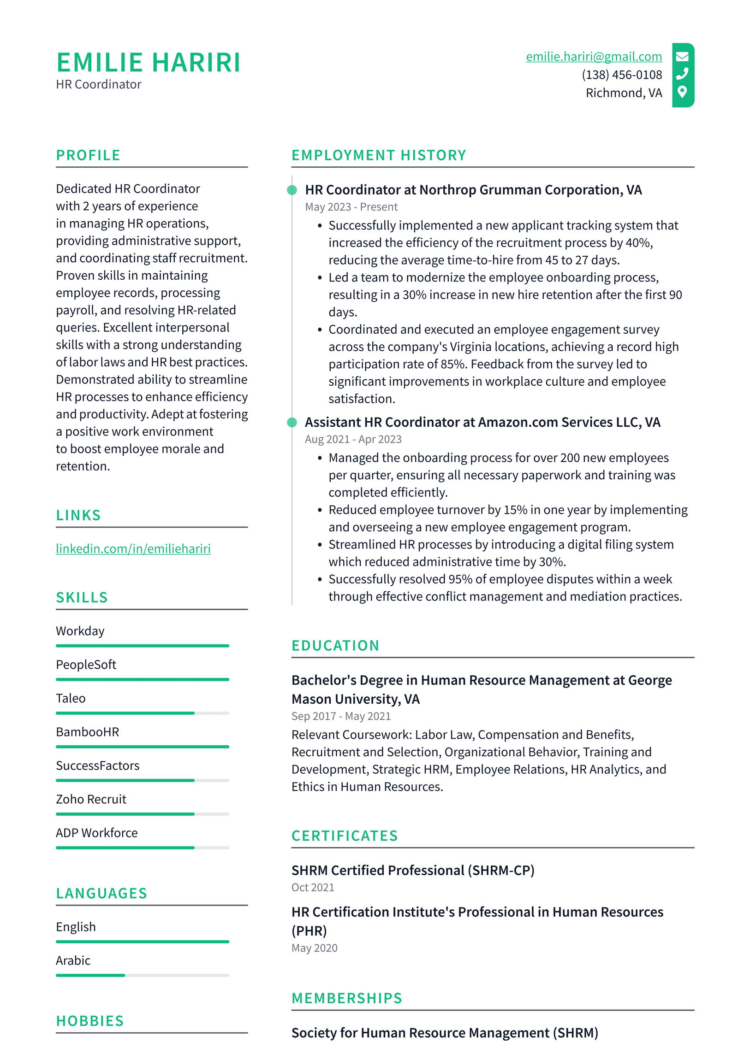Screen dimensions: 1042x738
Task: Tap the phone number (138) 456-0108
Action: tap(621, 75)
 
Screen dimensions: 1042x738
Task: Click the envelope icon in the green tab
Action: tap(682, 57)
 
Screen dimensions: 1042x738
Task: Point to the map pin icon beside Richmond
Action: tap(682, 92)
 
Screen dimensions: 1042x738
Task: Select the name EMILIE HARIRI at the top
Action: tap(148, 63)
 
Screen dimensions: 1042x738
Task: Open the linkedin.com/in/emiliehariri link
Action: tap(133, 548)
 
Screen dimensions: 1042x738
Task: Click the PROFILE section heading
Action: tap(88, 155)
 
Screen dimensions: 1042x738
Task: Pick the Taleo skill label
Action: tap(71, 698)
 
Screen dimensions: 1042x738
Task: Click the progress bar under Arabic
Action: tap(142, 975)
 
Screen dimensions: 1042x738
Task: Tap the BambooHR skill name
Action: tap(87, 732)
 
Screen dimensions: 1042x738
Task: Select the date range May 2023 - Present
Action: tap(351, 207)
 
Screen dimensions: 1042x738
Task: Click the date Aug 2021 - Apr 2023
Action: tap(353, 439)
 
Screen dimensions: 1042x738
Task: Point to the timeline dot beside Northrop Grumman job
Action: tap(292, 190)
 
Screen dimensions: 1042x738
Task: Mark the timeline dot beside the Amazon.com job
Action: tap(292, 422)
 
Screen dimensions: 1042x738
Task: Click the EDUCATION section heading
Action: tap(335, 646)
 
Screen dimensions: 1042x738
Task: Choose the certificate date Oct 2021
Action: tap(313, 887)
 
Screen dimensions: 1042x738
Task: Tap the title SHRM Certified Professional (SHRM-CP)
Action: tap(412, 870)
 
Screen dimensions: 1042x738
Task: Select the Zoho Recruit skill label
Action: tap(91, 799)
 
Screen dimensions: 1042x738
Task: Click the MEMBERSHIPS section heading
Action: tap(347, 998)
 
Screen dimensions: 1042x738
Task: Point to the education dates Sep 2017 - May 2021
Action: tap(341, 716)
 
